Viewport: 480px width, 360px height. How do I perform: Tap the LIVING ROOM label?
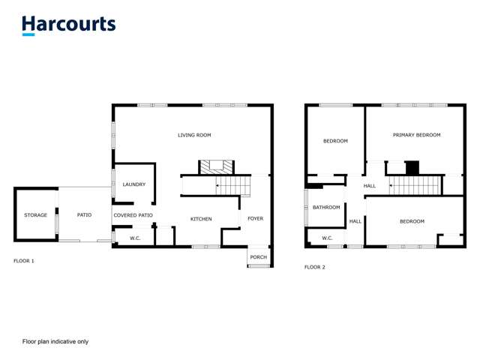click(194, 136)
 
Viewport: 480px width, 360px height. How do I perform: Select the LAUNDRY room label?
click(133, 184)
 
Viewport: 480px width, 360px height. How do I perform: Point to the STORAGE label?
click(35, 215)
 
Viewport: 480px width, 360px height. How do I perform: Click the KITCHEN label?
click(200, 219)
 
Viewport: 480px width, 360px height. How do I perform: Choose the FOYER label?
click(255, 219)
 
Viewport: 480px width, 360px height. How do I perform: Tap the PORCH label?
click(258, 257)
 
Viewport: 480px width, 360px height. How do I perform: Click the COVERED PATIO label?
click(133, 215)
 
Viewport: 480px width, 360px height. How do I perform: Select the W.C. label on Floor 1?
click(135, 238)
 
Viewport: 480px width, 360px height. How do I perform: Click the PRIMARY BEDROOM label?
click(416, 135)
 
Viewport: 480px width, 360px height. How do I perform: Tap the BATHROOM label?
click(326, 208)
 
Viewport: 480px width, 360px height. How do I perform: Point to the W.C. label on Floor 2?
click(327, 238)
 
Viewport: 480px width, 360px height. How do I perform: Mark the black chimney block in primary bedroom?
click(412, 167)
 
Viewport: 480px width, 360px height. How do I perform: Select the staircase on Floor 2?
click(416, 185)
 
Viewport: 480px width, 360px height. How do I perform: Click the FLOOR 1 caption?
click(24, 261)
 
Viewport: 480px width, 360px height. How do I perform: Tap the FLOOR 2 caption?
click(314, 267)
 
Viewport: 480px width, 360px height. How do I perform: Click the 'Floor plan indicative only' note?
click(55, 341)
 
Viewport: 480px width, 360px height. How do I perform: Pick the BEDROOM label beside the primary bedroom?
click(335, 141)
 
